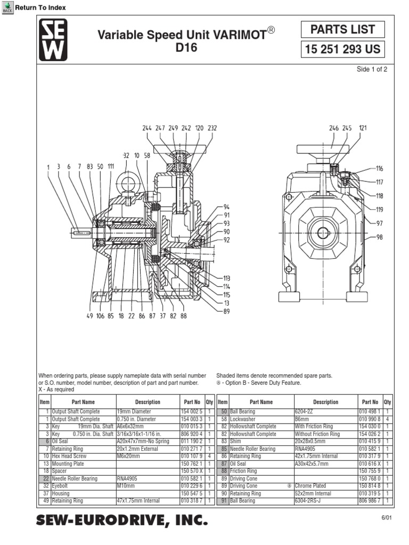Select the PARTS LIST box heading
342,30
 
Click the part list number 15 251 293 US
342,50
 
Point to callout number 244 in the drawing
147,128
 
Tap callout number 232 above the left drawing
212,128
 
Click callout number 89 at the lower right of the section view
227,311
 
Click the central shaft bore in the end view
323,233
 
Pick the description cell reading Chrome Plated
310,486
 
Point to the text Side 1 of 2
372,70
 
